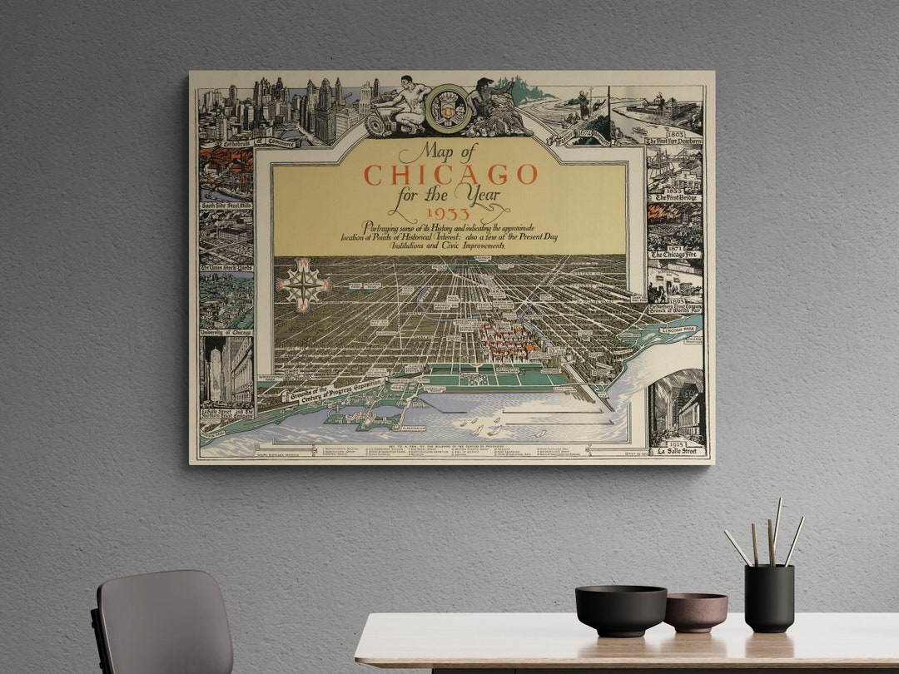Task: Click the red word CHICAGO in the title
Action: (x=450, y=175)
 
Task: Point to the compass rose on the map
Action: (x=304, y=284)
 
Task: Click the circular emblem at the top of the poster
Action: (x=448, y=108)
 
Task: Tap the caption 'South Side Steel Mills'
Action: (x=226, y=205)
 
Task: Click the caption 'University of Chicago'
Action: (x=226, y=332)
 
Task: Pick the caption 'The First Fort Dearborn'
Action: (x=674, y=141)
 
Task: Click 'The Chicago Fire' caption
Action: (x=675, y=254)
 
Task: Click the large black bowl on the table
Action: (x=620, y=610)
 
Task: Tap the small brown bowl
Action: (x=694, y=612)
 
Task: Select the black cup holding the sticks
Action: (x=768, y=597)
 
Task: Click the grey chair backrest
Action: (x=162, y=620)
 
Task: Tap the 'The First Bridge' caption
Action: (x=675, y=197)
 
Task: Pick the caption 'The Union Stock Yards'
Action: (x=226, y=268)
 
